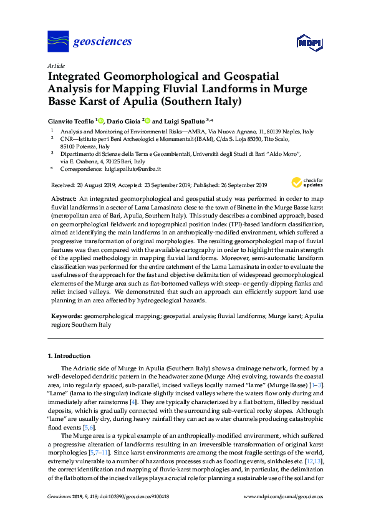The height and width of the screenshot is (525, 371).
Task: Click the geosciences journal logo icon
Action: click(x=58, y=41)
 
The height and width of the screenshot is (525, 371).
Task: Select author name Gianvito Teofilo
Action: click(x=73, y=120)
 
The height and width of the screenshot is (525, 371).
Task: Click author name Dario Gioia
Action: click(x=124, y=120)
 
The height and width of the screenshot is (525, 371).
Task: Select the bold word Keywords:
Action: click(x=65, y=317)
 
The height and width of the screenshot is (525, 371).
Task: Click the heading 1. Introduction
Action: click(x=69, y=356)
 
